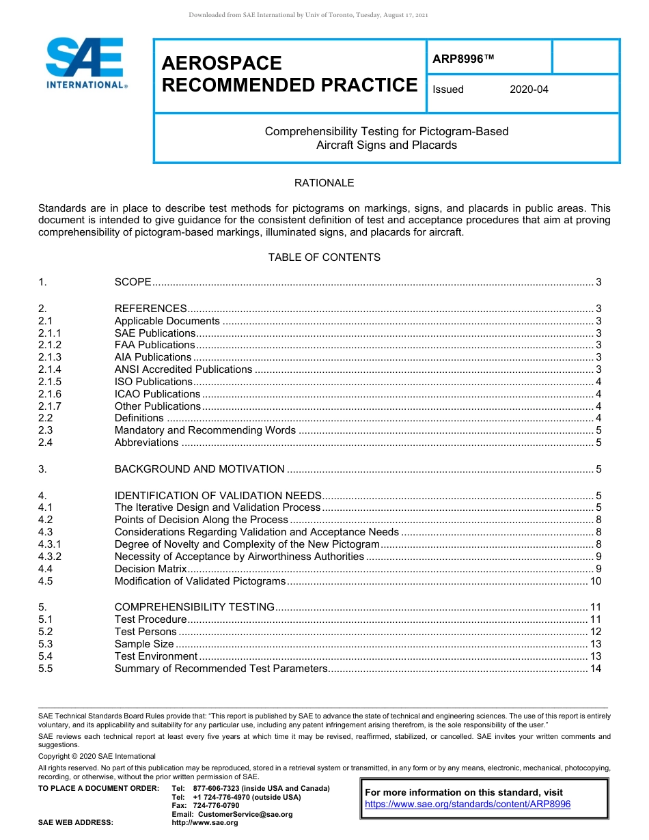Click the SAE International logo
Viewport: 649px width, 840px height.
pyautogui.click(x=85, y=63)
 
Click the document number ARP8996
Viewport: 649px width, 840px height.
pyautogui.click(x=462, y=59)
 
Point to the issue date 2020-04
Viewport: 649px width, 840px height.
pyautogui.click(x=529, y=89)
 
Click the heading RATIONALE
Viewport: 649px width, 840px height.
pyautogui.click(x=324, y=183)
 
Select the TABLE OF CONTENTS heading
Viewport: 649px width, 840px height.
pyautogui.click(x=324, y=257)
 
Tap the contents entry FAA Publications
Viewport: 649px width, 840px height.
pyautogui.click(x=154, y=345)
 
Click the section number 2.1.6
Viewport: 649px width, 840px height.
pyautogui.click(x=50, y=394)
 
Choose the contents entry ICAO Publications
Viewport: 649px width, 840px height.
pyautogui.click(x=157, y=394)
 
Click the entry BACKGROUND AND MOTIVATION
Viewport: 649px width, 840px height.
pyautogui.click(x=199, y=469)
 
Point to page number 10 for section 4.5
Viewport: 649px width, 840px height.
pyautogui.click(x=595, y=581)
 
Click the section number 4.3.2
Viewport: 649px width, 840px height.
pyautogui.click(x=50, y=557)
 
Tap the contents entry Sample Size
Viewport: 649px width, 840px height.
pyautogui.click(x=144, y=644)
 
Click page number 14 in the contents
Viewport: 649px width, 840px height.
pyautogui.click(x=595, y=669)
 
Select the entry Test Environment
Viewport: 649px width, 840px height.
pyautogui.click(x=156, y=656)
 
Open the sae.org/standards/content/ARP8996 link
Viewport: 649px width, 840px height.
pyautogui.click(x=467, y=804)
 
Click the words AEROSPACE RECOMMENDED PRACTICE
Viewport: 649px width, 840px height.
pyautogui.click(x=289, y=74)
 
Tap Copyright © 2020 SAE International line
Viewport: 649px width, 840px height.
pyautogui.click(x=97, y=756)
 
